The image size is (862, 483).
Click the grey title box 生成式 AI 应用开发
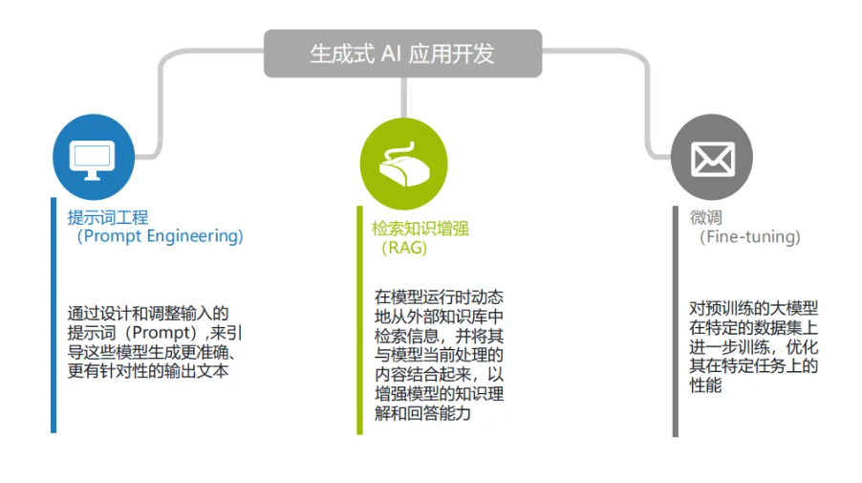tap(403, 54)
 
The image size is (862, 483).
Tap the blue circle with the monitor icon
tap(94, 157)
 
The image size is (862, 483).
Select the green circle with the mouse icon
tap(404, 164)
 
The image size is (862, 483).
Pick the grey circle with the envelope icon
tap(712, 157)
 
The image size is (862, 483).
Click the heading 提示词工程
tap(108, 217)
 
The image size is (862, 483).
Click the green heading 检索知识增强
tap(420, 229)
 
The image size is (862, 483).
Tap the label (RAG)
tap(404, 248)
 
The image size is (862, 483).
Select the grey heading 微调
tap(706, 217)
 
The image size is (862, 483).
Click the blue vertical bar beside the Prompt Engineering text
tap(54, 316)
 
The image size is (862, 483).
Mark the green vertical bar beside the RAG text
tap(359, 320)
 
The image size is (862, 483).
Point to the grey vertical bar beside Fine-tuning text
tap(676, 321)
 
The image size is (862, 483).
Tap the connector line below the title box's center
tap(404, 98)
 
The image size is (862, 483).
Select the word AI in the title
tap(391, 54)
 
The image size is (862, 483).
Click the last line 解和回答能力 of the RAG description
tap(422, 413)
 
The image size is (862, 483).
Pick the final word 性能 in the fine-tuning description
tap(705, 385)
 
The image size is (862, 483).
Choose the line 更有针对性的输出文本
tap(148, 371)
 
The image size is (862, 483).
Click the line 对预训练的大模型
tap(754, 308)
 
